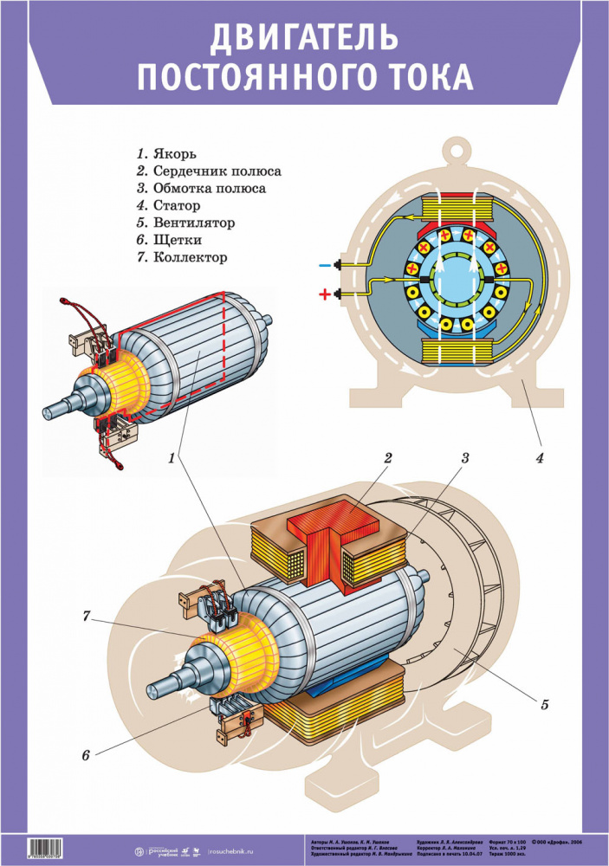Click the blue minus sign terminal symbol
point(324,265)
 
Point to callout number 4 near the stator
point(539,458)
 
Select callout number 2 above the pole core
point(389,458)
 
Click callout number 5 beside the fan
point(545,703)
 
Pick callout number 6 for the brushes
point(86,755)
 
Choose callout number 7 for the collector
point(86,617)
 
